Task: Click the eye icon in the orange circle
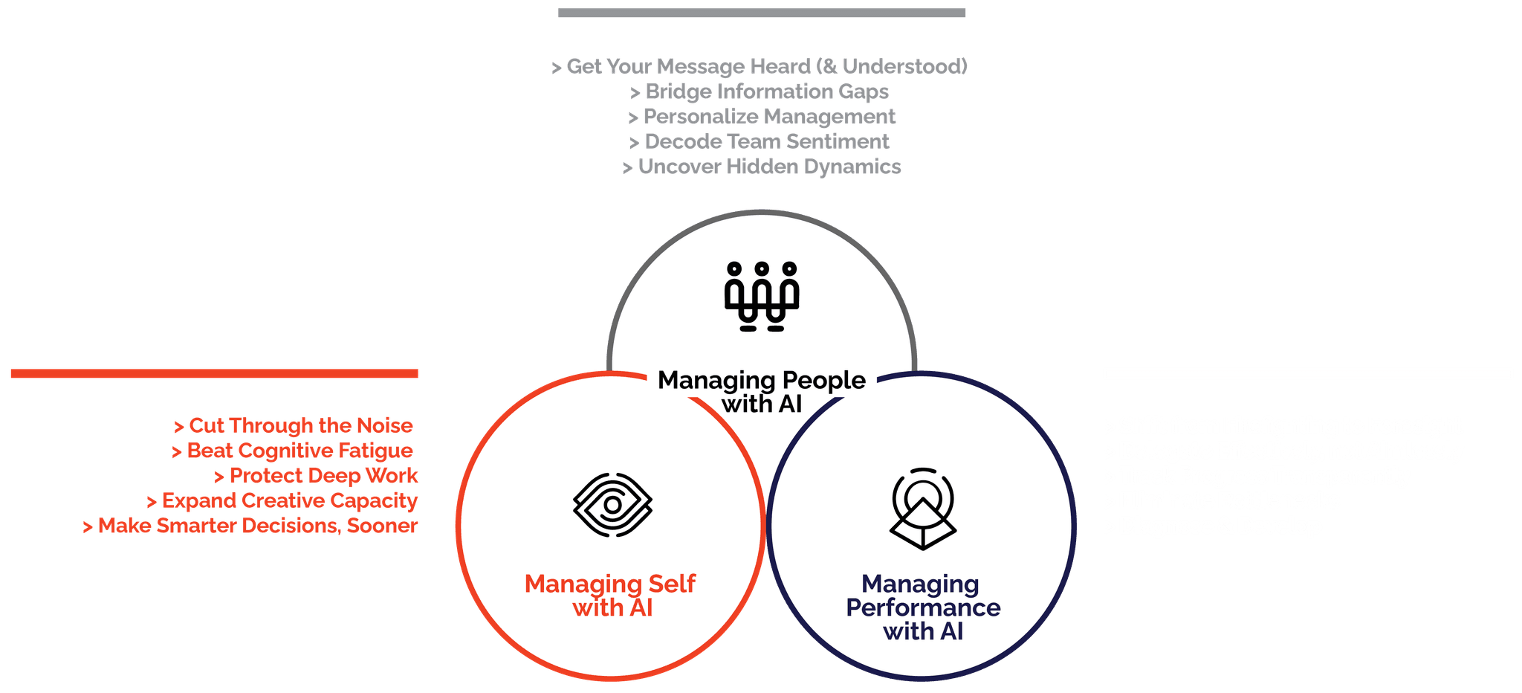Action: coord(612,505)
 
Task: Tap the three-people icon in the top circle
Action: coord(761,296)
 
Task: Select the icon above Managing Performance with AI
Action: coord(922,509)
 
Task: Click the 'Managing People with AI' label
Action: coord(762,392)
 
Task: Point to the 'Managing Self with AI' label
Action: coord(610,596)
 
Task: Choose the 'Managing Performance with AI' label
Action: coord(922,607)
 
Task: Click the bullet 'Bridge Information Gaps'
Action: coord(760,91)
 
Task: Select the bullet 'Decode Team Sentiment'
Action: coord(760,141)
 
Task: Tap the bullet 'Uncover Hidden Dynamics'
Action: coord(762,167)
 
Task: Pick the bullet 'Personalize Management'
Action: coord(762,117)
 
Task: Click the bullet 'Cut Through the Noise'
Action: coord(294,425)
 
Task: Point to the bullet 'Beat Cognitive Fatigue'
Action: coord(292,451)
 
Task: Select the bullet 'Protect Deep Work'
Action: coord(316,475)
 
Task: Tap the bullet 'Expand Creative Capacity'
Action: coord(282,500)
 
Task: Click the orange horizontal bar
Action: coord(214,373)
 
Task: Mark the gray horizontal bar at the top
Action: coord(762,13)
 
